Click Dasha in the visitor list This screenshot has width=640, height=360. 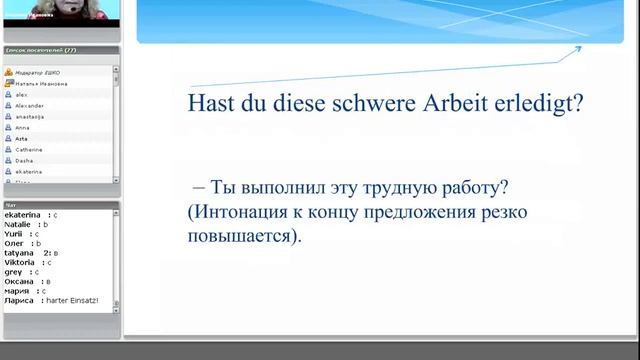tap(25, 160)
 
